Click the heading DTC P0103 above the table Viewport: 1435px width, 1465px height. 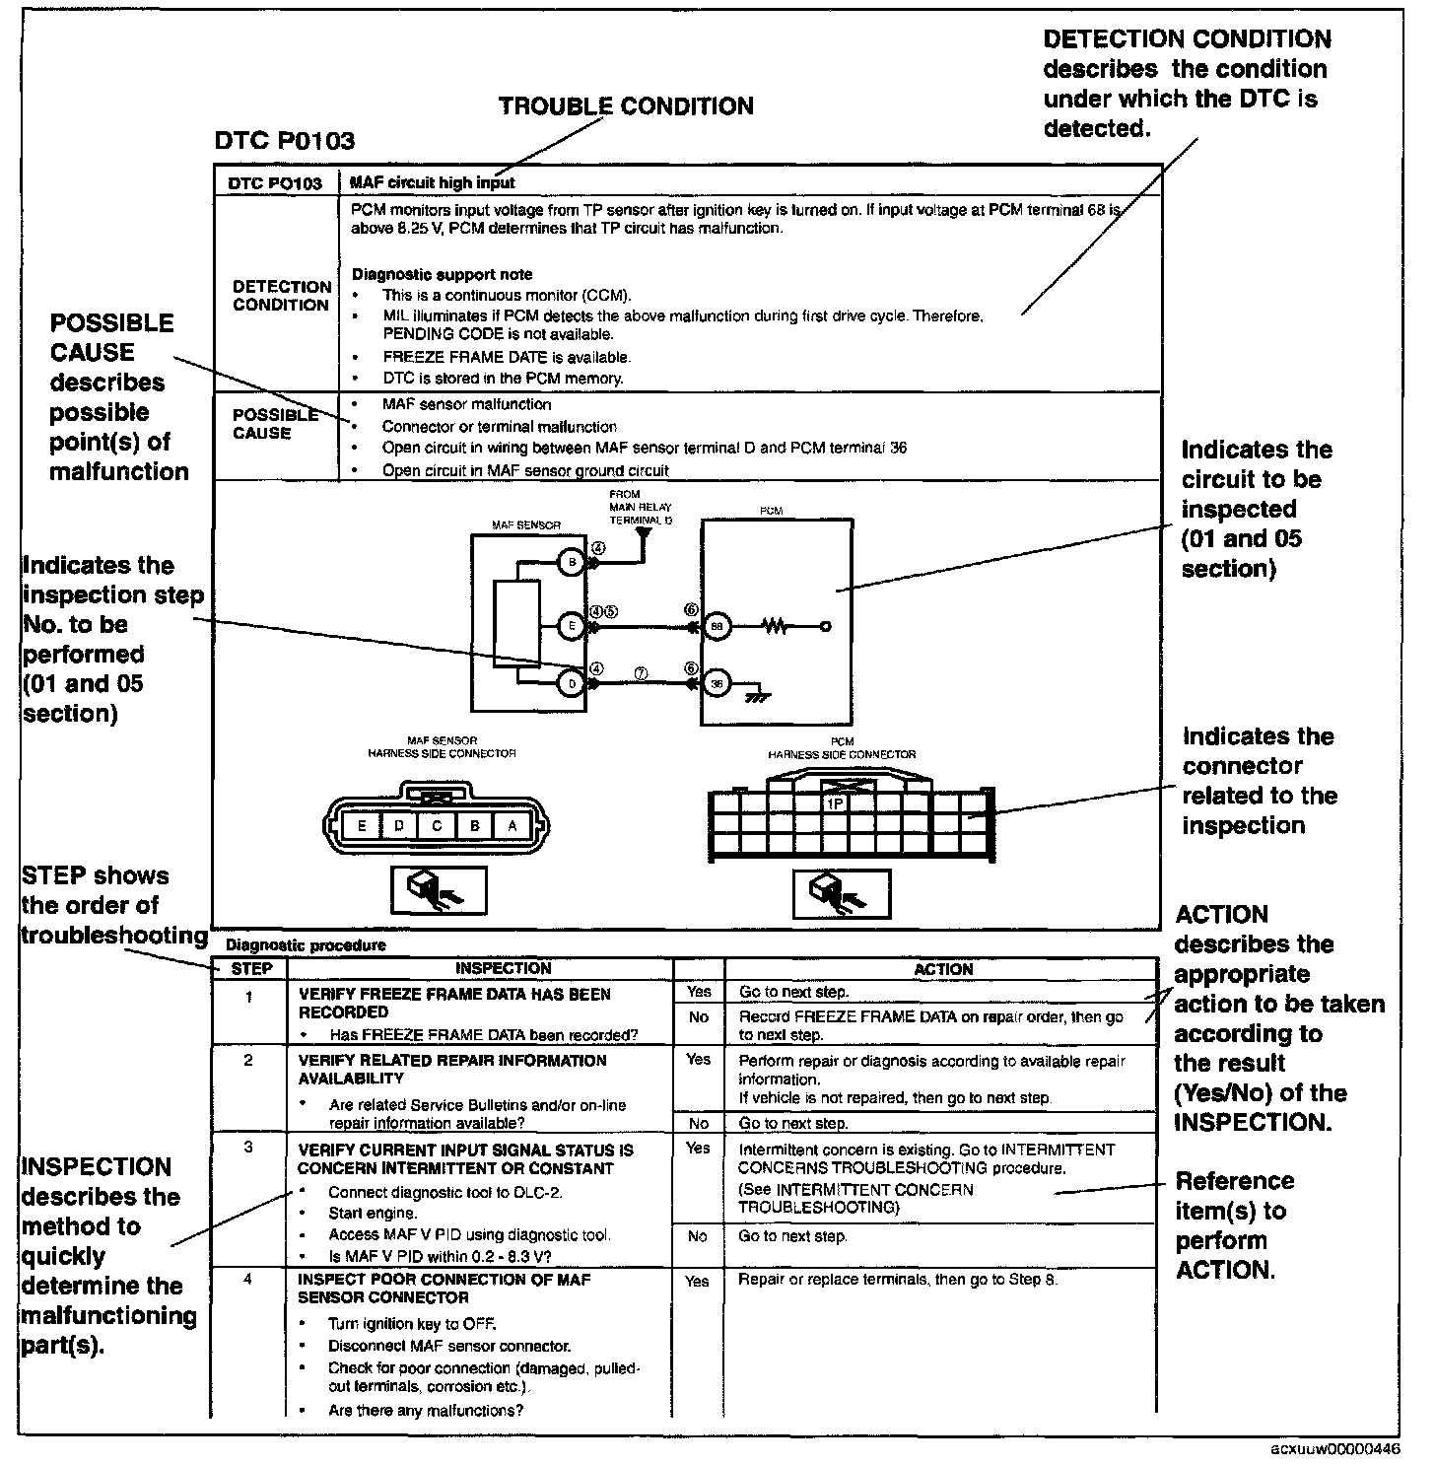click(284, 141)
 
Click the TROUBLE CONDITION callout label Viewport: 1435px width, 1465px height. click(626, 106)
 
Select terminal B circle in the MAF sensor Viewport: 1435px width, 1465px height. click(571, 563)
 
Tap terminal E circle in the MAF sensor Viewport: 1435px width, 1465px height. click(571, 625)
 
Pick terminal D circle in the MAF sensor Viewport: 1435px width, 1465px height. click(571, 683)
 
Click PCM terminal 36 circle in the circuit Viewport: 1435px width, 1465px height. click(717, 683)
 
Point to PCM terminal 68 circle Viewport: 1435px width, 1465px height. click(717, 625)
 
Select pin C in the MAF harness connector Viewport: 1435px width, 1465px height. click(437, 825)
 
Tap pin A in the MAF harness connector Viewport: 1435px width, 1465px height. click(512, 825)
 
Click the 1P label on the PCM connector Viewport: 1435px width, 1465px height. click(835, 803)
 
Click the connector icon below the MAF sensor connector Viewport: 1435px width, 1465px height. click(438, 889)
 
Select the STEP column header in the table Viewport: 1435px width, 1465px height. click(251, 968)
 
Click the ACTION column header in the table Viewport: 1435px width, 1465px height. click(943, 969)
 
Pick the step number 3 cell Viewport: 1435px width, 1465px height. click(248, 1148)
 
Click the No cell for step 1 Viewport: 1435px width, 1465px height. click(699, 1017)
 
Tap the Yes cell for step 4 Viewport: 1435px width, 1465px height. click(697, 1281)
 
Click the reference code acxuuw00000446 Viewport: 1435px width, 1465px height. click(1333, 1449)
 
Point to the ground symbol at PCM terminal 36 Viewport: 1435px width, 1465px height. click(757, 694)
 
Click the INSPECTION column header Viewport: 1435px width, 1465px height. click(503, 968)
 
